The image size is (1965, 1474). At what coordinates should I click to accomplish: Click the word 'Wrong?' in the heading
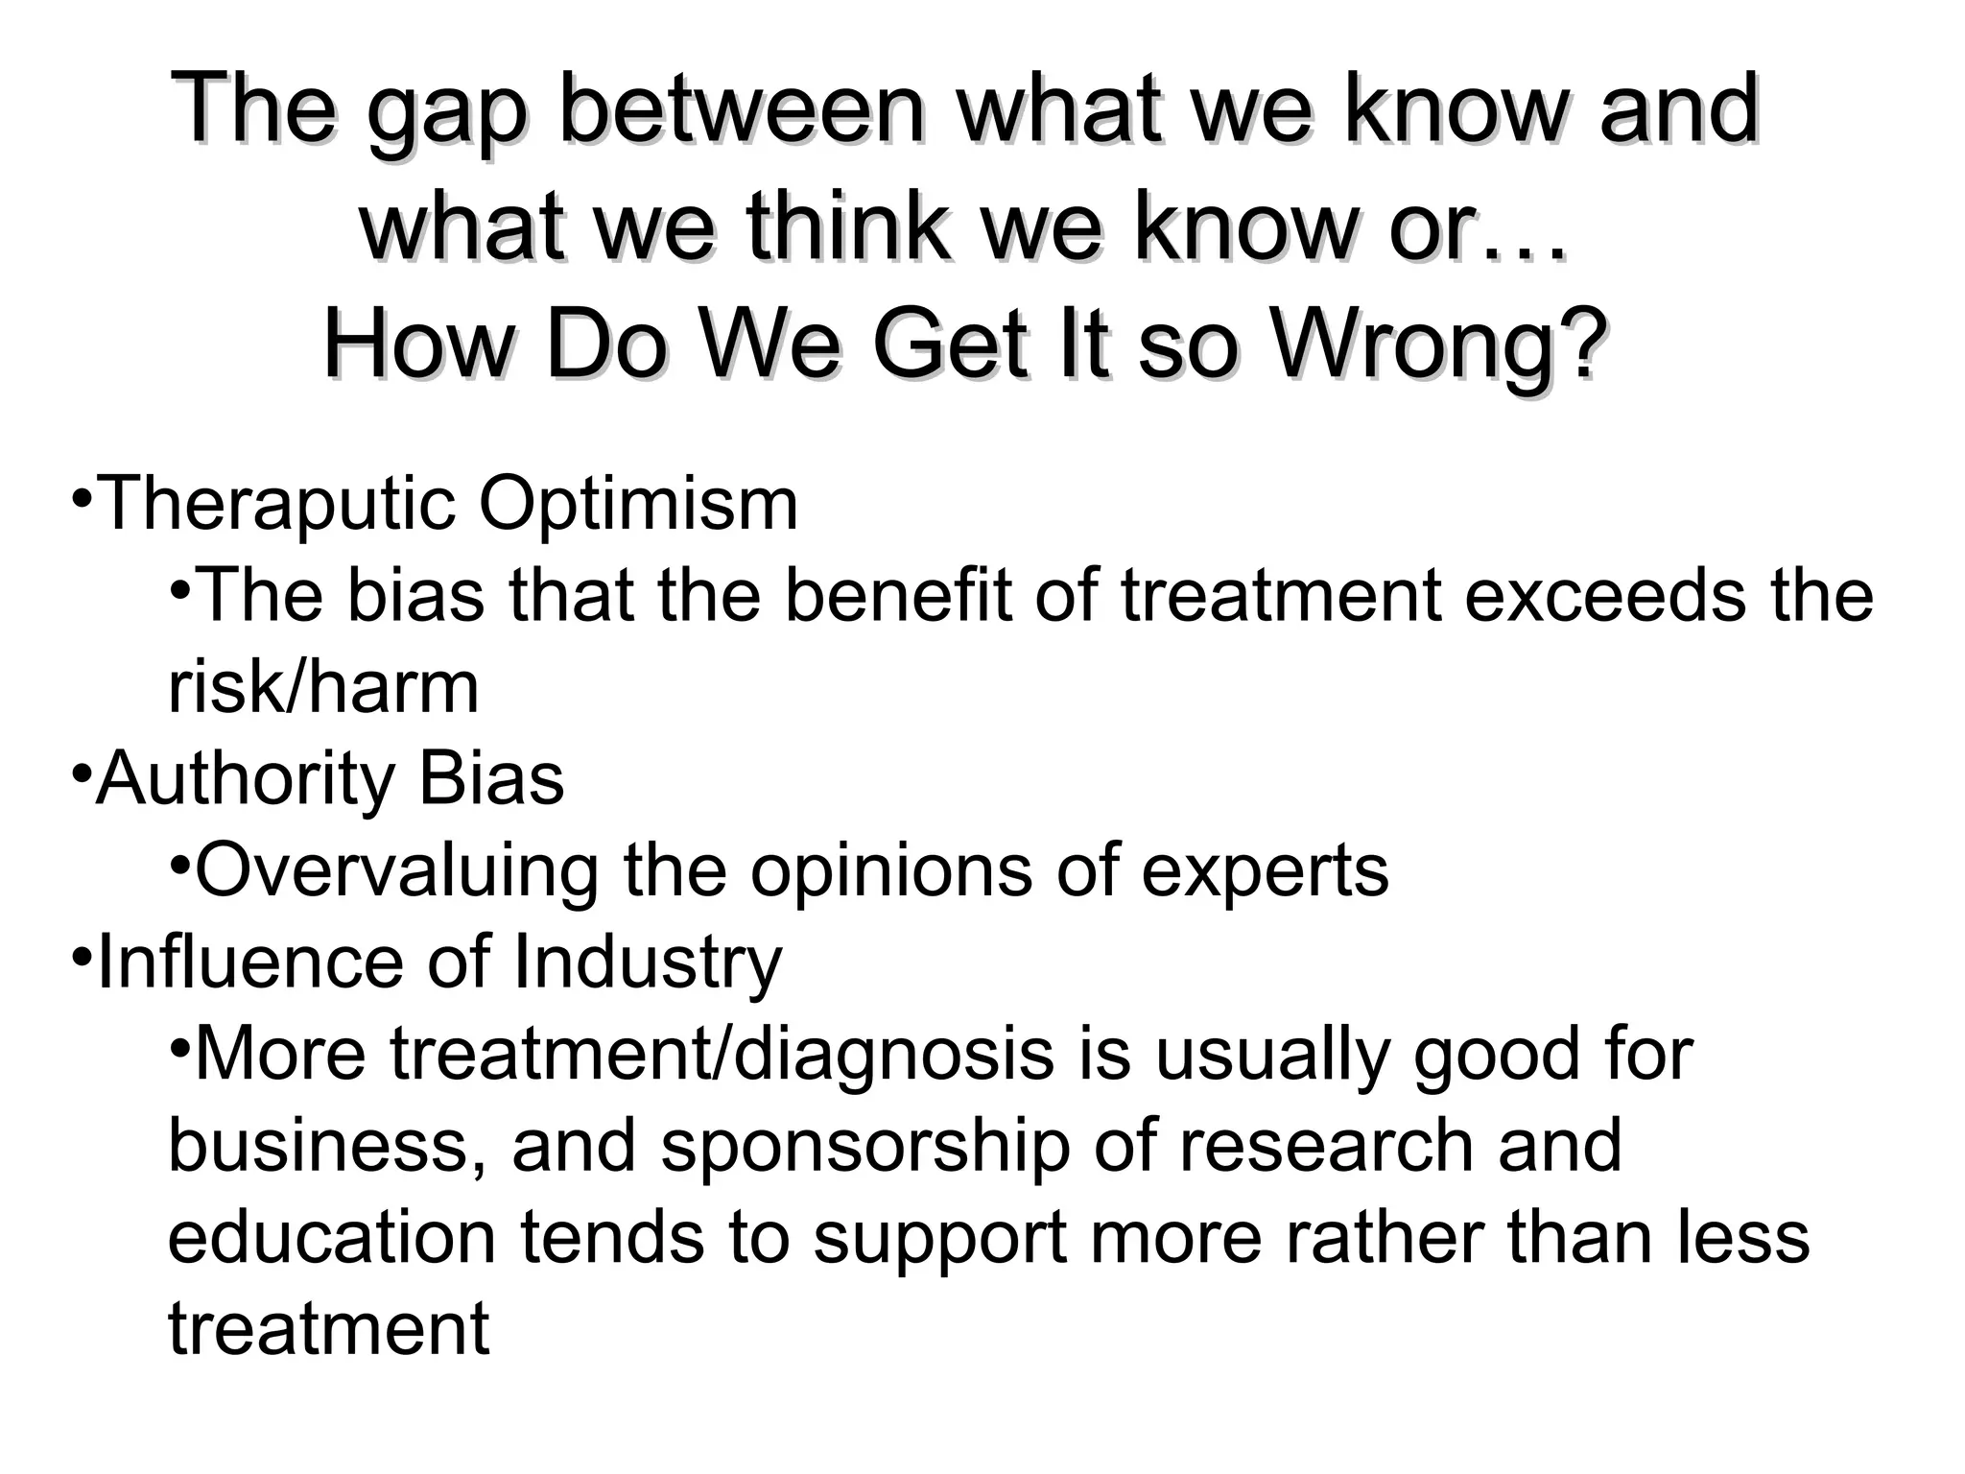[x=1439, y=345]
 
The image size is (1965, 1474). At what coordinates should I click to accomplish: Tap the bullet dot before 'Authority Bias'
[x=82, y=772]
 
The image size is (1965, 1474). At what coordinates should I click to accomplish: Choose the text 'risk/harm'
[x=323, y=687]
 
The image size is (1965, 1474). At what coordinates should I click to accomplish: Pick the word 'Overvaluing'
[x=395, y=869]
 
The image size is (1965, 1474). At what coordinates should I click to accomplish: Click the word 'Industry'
[x=648, y=962]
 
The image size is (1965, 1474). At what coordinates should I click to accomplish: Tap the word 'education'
[x=332, y=1236]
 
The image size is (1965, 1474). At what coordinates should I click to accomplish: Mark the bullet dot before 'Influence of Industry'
[x=82, y=955]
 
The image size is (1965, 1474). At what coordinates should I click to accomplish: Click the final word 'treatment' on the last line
[x=328, y=1329]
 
